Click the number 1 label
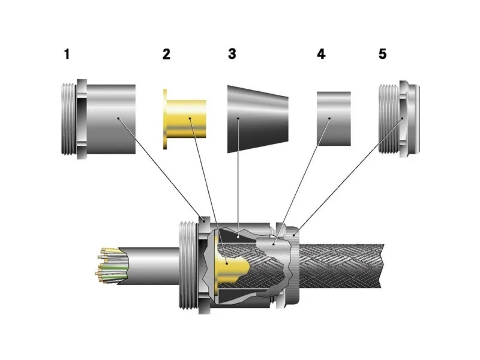tap(67, 54)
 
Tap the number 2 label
tap(166, 54)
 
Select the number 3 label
tap(232, 54)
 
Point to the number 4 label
tap(321, 54)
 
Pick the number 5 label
tap(383, 54)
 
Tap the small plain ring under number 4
tap(334, 118)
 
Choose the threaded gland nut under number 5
tap(399, 119)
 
